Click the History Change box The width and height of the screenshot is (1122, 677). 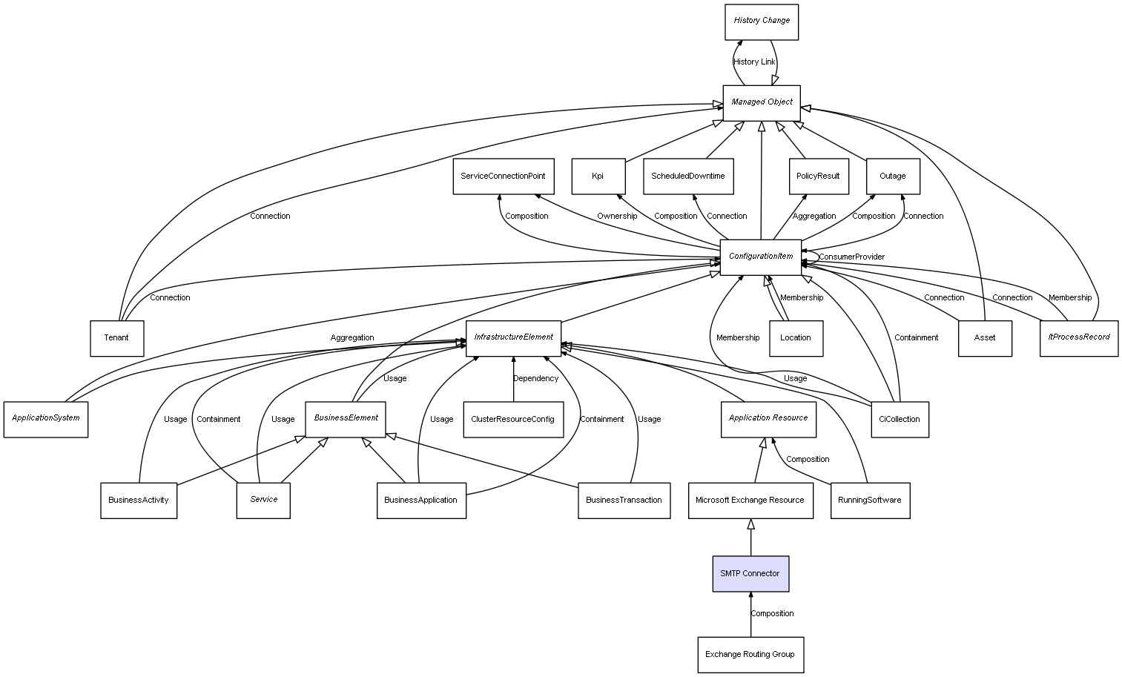pos(761,22)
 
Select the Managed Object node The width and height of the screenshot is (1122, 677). pos(762,102)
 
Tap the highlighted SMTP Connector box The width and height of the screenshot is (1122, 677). pos(750,574)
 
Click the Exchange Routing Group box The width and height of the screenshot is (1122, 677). pos(750,655)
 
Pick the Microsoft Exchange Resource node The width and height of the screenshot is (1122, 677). pos(750,501)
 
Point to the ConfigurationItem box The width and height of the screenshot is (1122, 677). pos(761,257)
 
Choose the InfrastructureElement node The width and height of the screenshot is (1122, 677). pos(513,337)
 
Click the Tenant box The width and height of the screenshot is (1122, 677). pos(116,338)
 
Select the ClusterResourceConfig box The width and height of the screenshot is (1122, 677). pos(512,420)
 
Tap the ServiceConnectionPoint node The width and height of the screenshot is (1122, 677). pos(503,176)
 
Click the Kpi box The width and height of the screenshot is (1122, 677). pos(598,176)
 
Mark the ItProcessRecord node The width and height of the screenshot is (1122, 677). pos(1078,337)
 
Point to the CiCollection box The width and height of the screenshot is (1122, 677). pos(899,420)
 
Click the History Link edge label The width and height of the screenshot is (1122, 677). pos(754,62)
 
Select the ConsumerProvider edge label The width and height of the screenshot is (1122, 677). pos(851,257)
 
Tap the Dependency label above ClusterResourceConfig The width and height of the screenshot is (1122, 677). pos(535,379)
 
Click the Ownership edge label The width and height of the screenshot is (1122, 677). pos(617,217)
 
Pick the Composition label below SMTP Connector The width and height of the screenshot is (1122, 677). pos(772,614)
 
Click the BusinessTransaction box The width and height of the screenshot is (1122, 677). pos(624,501)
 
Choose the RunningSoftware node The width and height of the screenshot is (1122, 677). pos(870,501)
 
